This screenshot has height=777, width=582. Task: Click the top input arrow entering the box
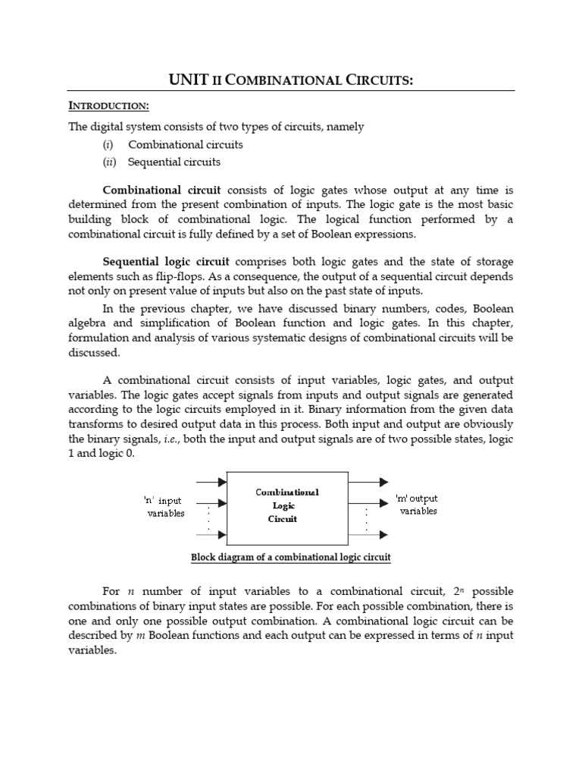tap(211, 481)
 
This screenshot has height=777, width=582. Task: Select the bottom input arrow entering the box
tap(211, 535)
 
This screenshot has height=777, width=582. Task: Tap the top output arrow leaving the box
tap(369, 481)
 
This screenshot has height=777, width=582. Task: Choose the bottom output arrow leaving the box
tap(369, 535)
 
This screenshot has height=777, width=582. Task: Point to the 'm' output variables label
tap(418, 505)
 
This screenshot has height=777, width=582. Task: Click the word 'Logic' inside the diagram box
tap(287, 505)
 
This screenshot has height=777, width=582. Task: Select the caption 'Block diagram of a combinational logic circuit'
tap(291, 558)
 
